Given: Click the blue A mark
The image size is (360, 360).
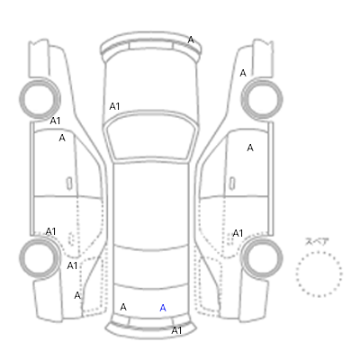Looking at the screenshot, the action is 163,308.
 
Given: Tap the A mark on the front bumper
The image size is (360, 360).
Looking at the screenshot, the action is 191,40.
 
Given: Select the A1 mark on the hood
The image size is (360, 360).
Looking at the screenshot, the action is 114,106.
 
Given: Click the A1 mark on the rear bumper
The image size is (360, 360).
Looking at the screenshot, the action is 176,330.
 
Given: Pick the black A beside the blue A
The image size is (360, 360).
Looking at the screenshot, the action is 123,307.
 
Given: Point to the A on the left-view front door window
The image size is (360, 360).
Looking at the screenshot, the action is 62,138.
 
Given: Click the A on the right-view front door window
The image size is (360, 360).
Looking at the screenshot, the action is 250,148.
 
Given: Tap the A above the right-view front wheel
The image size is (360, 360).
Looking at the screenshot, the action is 243,73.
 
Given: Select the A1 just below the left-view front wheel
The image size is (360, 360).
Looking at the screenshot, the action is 55,121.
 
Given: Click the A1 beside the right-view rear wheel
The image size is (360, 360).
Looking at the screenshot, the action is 238,233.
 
